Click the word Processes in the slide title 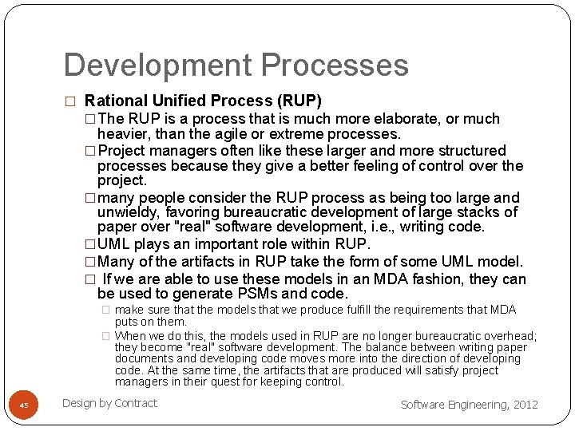[x=335, y=65]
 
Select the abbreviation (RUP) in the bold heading [x=299, y=101]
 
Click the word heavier [x=124, y=134]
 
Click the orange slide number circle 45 [x=24, y=405]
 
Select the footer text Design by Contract [x=109, y=403]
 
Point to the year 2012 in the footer [x=525, y=405]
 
